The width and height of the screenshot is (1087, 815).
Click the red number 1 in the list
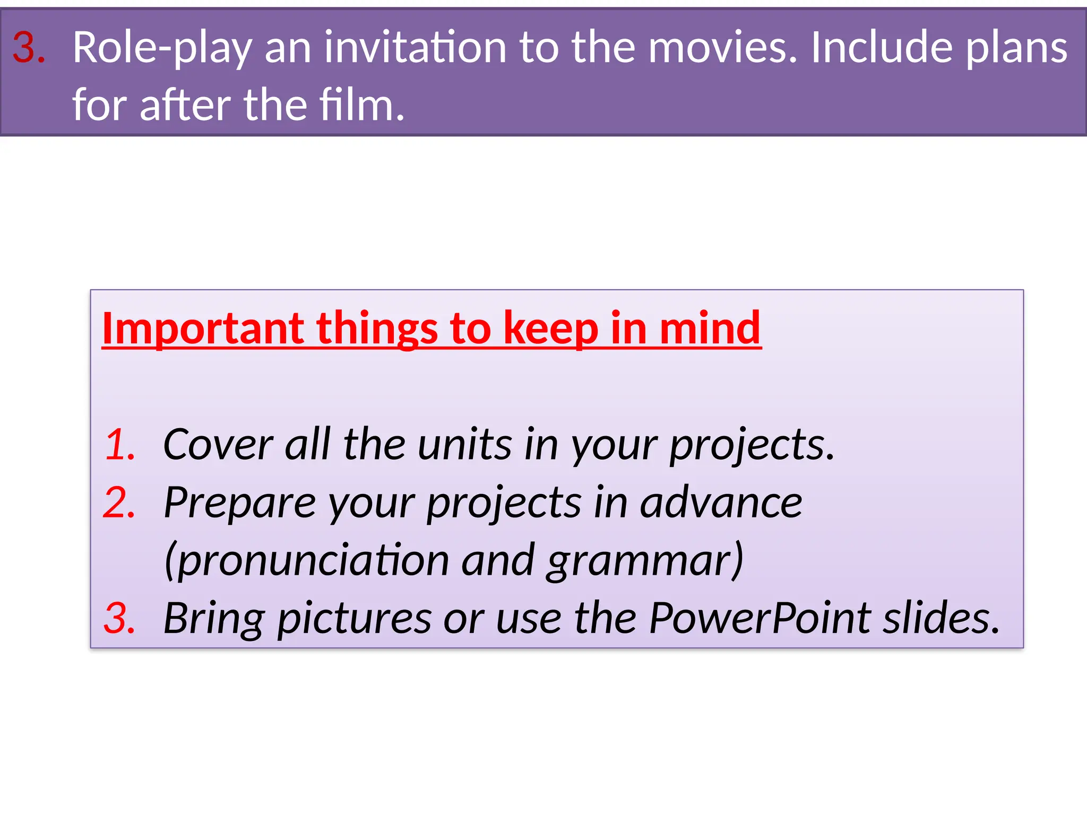120,444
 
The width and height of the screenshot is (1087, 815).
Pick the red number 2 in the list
119,502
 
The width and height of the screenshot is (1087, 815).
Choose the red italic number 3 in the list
119,618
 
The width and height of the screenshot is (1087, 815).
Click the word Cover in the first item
218,444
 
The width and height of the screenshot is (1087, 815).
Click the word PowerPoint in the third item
760,618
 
